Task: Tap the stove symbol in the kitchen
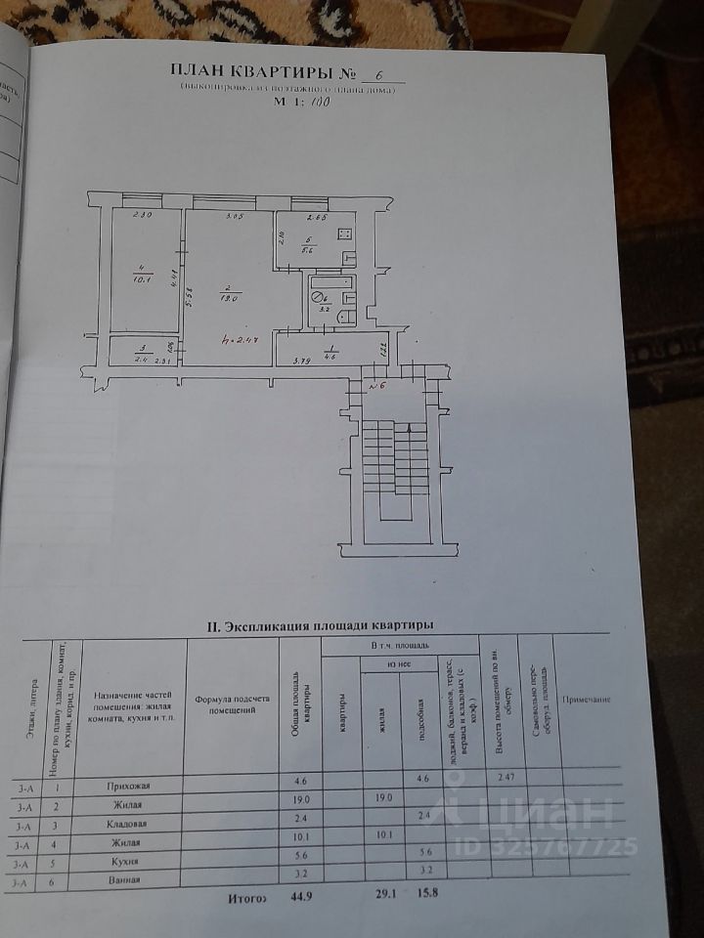pyautogui.click(x=345, y=234)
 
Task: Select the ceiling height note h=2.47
pyautogui.click(x=238, y=341)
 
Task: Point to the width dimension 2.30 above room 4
pyautogui.click(x=140, y=215)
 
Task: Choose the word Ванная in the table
pyautogui.click(x=125, y=879)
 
